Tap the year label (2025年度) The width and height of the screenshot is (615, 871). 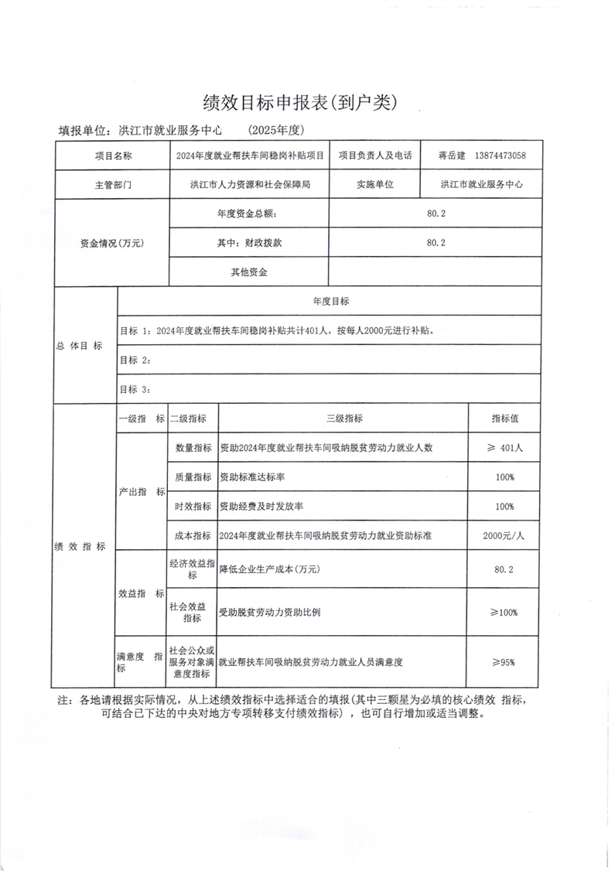(x=278, y=130)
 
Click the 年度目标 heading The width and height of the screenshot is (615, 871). (x=330, y=301)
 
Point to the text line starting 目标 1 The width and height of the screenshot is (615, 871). (x=279, y=330)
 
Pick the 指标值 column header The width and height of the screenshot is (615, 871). (x=504, y=418)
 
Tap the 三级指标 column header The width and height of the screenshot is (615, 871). (x=343, y=418)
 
